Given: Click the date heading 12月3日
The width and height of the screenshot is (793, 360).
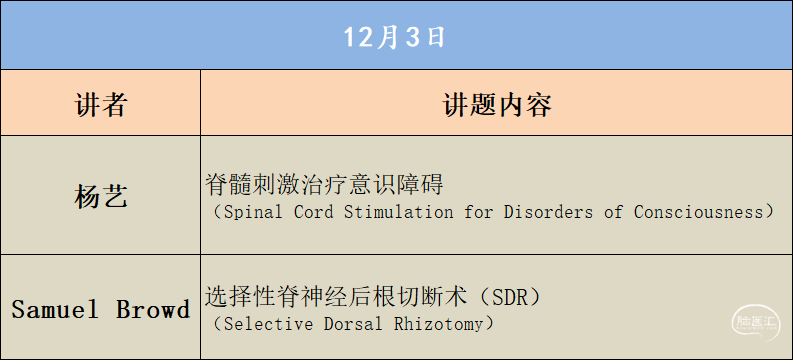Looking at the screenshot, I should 395,37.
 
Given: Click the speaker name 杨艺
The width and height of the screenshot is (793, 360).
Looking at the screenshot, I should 101,195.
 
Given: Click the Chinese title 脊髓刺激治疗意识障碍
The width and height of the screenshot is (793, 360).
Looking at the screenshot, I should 323,185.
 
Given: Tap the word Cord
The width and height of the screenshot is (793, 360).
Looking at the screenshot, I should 314,212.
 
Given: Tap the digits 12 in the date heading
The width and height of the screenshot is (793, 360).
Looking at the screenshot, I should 357,37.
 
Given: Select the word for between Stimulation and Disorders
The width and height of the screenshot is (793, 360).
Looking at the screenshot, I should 475,212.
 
